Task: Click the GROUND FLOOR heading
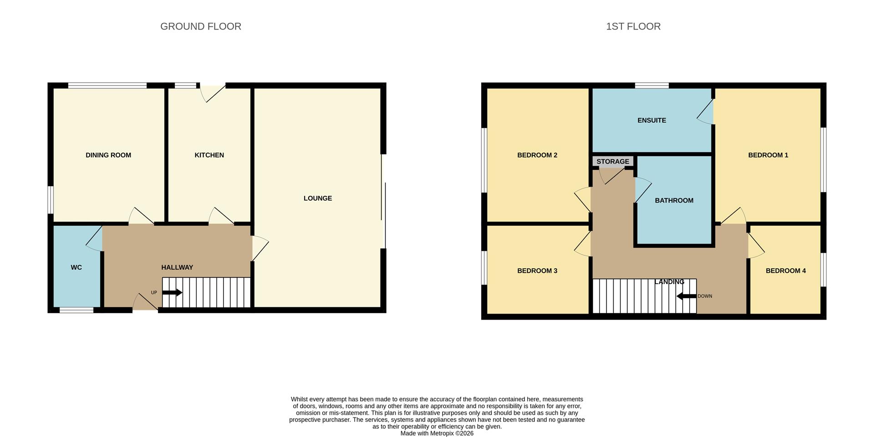coord(201,26)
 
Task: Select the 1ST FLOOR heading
coord(633,26)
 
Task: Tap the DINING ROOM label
coord(108,155)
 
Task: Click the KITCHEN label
coord(209,155)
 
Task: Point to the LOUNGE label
coord(318,198)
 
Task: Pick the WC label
coord(76,268)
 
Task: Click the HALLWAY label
coord(177,268)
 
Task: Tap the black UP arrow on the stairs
coord(172,293)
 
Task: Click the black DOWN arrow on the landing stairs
coord(686,296)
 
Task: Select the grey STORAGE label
coord(613,162)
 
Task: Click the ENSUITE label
coord(652,121)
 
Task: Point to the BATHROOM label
coord(674,201)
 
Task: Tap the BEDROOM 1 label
coord(768,155)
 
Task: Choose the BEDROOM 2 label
coord(537,155)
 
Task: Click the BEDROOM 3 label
coord(537,271)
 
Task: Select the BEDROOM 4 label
coord(786,271)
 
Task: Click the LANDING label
coord(669,282)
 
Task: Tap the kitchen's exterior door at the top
coord(212,92)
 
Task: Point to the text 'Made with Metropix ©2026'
coord(437,433)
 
